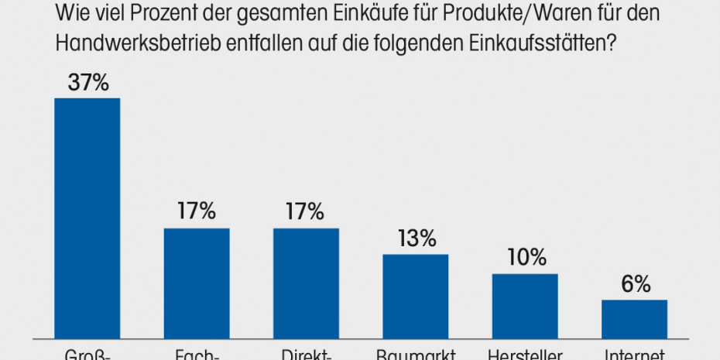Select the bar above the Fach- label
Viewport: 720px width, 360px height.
point(197,283)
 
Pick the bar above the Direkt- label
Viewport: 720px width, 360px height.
point(306,283)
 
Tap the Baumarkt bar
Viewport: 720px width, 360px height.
point(416,297)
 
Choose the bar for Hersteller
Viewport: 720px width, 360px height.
point(525,306)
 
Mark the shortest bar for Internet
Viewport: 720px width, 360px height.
point(634,319)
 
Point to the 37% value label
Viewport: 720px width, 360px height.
point(87,83)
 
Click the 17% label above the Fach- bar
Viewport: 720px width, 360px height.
point(197,212)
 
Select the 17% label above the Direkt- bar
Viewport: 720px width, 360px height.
point(306,212)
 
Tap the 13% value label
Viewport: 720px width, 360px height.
point(416,238)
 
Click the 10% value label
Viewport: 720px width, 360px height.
point(525,258)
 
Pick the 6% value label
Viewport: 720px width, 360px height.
point(635,284)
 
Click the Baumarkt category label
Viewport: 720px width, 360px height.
point(416,355)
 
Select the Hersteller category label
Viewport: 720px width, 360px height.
point(525,355)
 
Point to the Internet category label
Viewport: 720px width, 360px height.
point(635,355)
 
